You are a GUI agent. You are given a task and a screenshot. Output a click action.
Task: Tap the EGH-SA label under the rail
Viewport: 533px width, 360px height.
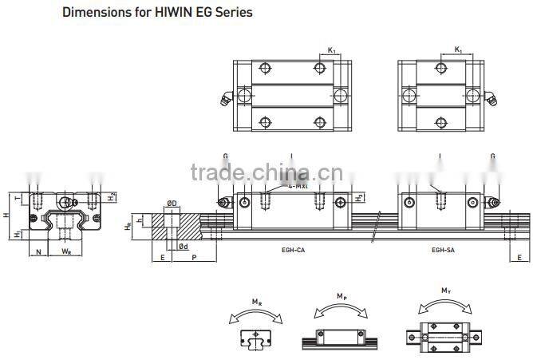click(x=444, y=250)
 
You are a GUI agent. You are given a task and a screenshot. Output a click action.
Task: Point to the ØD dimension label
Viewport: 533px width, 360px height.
click(x=172, y=203)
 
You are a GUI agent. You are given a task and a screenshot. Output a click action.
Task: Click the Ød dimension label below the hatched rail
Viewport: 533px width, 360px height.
click(x=184, y=247)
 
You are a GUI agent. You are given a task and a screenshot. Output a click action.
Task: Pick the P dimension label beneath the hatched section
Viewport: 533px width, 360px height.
click(x=195, y=259)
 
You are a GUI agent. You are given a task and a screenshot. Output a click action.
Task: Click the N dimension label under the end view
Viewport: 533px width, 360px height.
click(x=40, y=251)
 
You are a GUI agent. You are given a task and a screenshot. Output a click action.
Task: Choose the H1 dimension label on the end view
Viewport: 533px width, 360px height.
click(x=18, y=233)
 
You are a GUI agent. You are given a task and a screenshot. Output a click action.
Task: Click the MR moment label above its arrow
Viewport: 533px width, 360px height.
click(x=255, y=303)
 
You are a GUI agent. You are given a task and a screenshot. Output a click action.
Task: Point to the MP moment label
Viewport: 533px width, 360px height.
click(x=341, y=296)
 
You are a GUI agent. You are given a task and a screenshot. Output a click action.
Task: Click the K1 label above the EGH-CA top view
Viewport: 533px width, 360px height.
click(x=331, y=50)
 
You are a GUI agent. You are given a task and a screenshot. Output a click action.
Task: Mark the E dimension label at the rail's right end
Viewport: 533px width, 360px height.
click(x=520, y=259)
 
